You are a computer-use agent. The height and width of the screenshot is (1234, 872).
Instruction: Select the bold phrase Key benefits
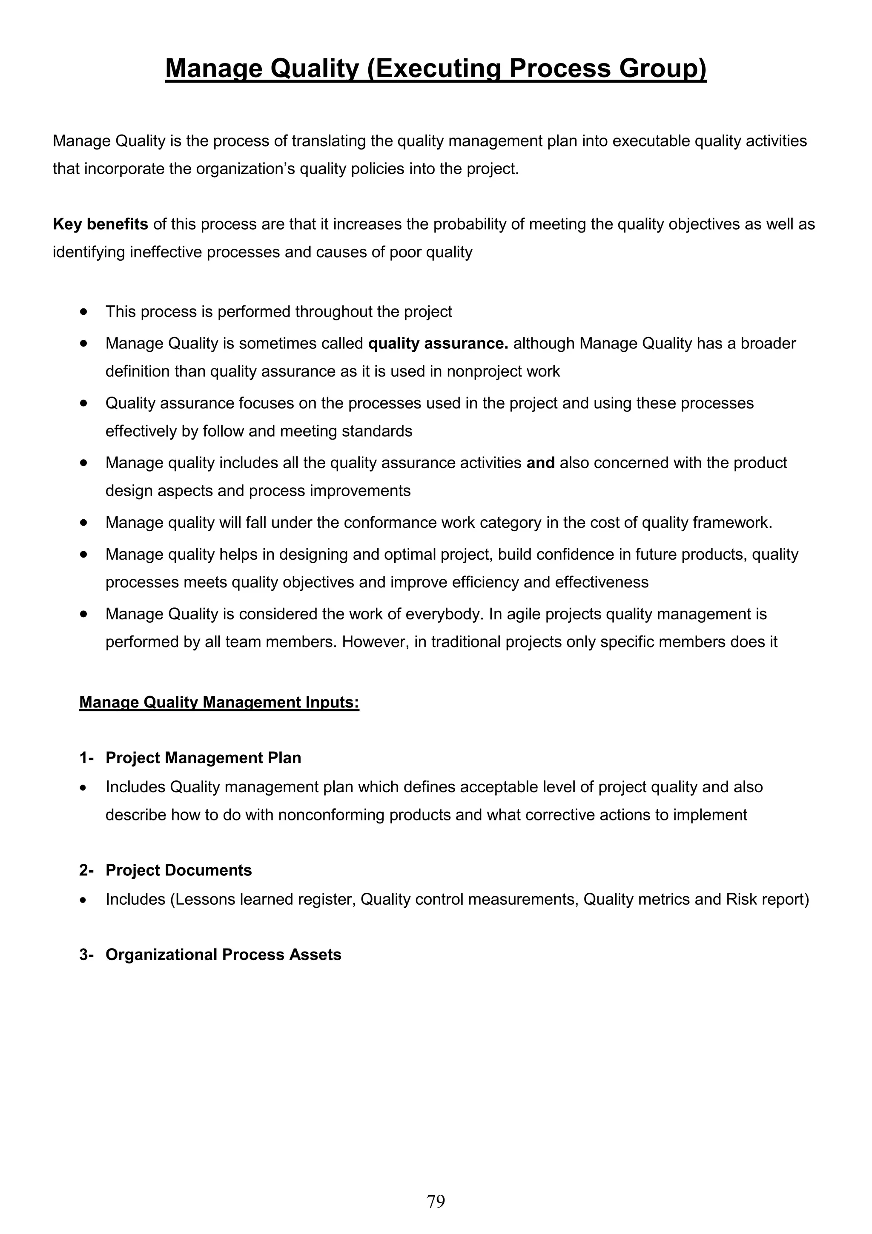[100, 224]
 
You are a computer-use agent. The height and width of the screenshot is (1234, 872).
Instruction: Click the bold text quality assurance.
[438, 343]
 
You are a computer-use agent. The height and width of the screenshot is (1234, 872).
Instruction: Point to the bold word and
[540, 463]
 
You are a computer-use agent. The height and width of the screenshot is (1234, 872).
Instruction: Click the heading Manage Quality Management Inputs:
[219, 702]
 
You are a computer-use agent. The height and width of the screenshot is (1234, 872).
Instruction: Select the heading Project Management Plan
[203, 758]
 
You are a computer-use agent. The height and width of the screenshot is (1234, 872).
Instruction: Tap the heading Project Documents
[178, 870]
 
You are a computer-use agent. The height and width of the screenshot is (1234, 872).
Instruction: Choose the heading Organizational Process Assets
[223, 955]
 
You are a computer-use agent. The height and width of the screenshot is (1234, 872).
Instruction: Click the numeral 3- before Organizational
[86, 955]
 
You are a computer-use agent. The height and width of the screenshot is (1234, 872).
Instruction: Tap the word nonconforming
[331, 815]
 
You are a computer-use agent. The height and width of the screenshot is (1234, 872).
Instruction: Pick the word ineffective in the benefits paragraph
[166, 252]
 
